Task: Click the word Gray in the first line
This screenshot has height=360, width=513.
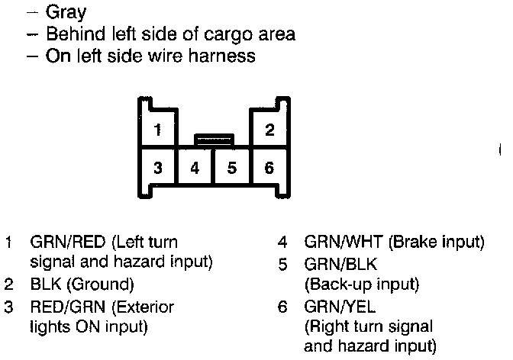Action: tap(66, 13)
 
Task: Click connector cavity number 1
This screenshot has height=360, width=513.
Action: tap(157, 130)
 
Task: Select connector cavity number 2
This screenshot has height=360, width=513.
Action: tap(269, 130)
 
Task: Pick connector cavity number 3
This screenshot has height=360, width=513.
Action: tap(157, 167)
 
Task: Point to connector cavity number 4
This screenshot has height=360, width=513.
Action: tap(195, 167)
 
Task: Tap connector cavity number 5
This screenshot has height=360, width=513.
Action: tap(232, 167)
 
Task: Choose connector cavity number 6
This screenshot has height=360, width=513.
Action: tap(269, 167)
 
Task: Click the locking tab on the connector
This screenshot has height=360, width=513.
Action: tap(213, 140)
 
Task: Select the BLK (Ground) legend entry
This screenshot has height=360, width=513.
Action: tap(82, 285)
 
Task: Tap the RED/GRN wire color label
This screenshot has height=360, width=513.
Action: tap(69, 307)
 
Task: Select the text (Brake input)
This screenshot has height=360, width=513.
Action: tap(437, 243)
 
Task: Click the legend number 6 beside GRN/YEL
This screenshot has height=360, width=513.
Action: tap(282, 307)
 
